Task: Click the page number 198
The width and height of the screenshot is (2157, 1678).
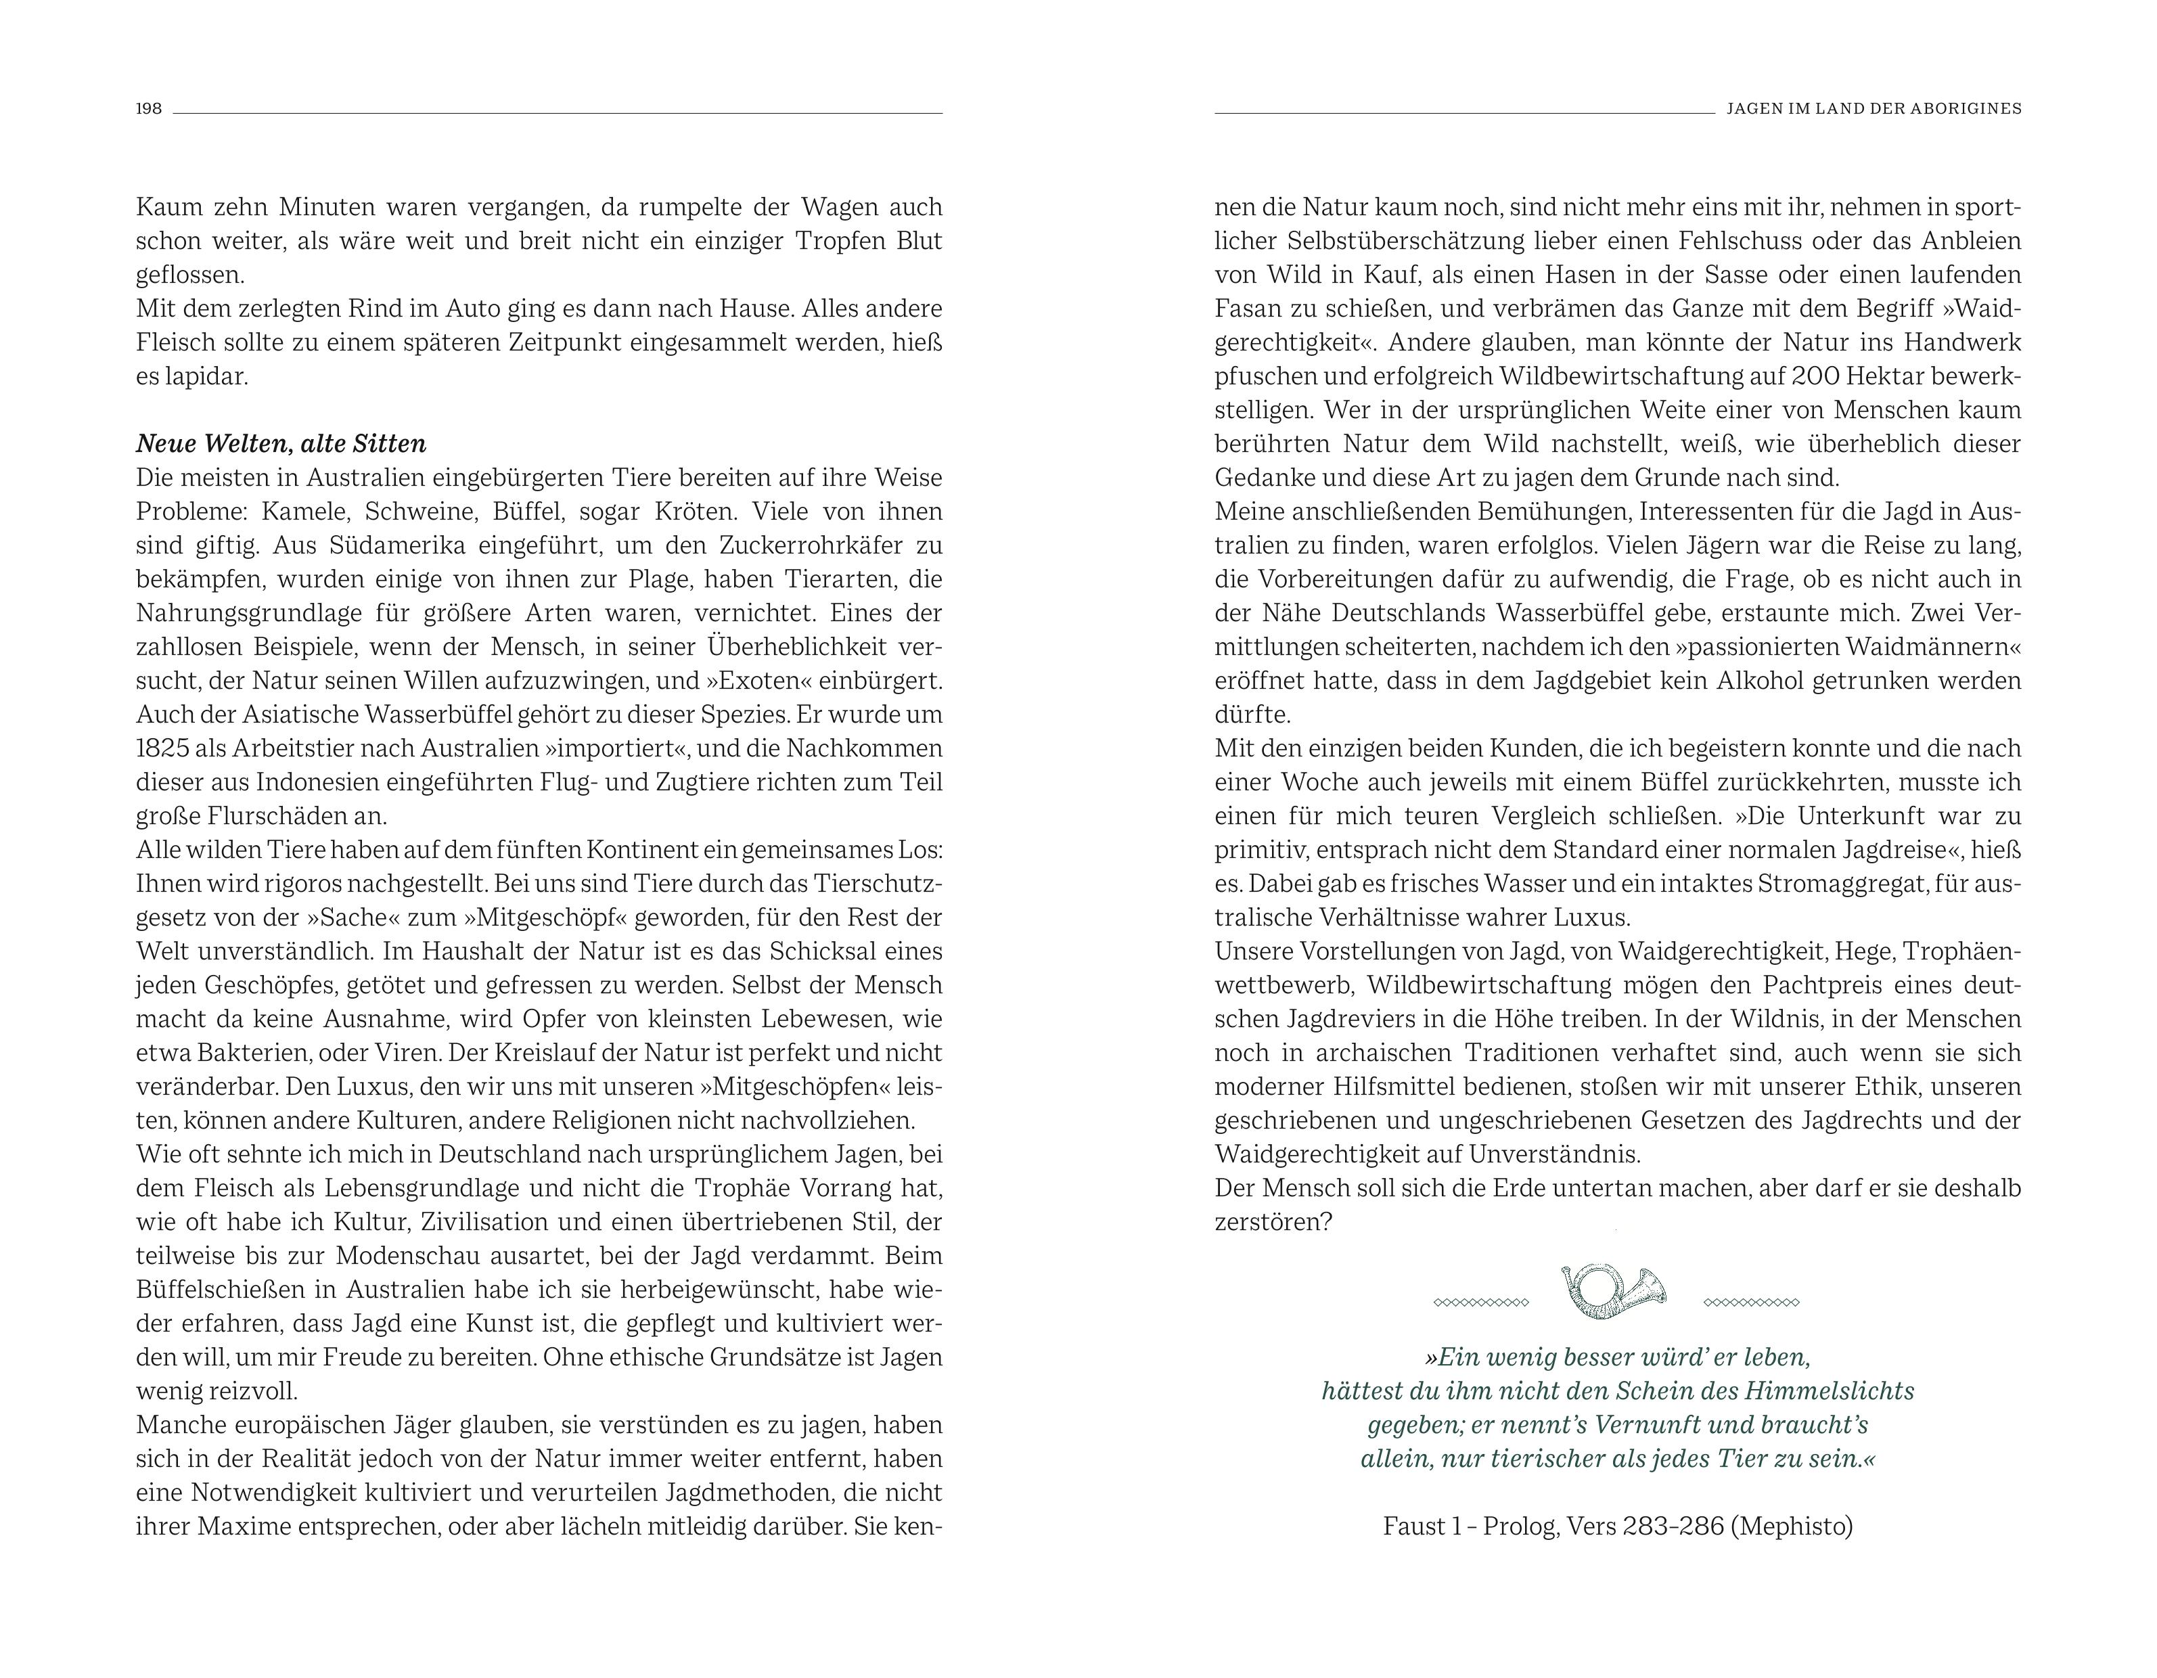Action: coord(148,109)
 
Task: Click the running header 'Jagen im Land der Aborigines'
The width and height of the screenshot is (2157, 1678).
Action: coord(1874,109)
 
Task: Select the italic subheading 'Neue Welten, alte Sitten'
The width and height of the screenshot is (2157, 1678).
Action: coord(281,443)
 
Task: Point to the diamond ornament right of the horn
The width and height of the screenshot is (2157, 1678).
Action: coord(1751,1302)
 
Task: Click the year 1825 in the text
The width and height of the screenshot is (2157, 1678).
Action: coord(162,748)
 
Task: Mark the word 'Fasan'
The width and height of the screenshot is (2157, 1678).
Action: coord(1246,308)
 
